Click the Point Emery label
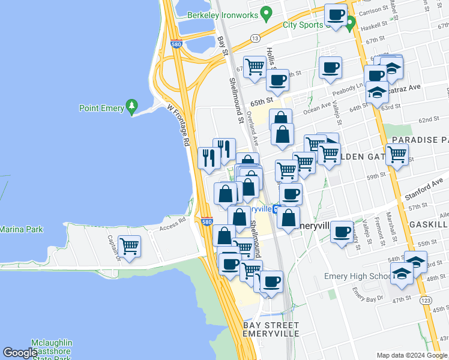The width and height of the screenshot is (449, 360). point(101,109)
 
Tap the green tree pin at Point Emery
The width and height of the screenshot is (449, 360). point(133,108)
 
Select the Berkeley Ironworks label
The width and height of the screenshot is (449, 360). point(222,14)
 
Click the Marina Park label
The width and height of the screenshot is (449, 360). point(21,229)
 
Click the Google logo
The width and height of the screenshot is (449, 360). point(20,353)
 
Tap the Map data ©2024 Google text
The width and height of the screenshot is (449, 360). point(412,355)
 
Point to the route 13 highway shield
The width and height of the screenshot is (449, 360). point(255,38)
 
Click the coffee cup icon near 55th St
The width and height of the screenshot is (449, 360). point(342,232)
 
